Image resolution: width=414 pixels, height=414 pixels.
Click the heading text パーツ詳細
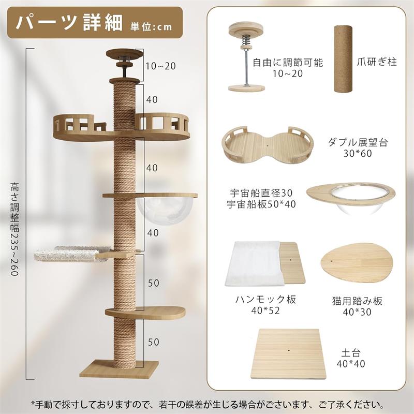coord(69,23)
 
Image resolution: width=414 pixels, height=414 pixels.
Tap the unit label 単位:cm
coord(151,27)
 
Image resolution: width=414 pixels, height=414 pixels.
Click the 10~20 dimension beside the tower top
coord(161,66)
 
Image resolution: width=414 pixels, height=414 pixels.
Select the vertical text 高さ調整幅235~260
coord(14,229)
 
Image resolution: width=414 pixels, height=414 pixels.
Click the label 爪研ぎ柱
coord(377,62)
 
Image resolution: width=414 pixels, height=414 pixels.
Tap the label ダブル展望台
coord(358,142)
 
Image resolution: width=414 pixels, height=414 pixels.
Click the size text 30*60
coord(358,153)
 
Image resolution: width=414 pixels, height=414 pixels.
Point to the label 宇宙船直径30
coord(261,193)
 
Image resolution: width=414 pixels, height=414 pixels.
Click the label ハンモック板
coord(265,300)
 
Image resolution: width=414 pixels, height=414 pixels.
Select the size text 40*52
coord(265,311)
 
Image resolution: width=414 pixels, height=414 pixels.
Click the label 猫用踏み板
coord(357,301)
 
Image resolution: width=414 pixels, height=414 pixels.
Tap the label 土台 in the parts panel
coord(351,353)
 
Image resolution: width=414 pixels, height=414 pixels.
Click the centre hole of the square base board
coord(289,351)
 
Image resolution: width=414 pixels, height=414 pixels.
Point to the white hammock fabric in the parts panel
coord(253,264)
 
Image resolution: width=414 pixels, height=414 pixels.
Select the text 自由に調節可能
coord(288,63)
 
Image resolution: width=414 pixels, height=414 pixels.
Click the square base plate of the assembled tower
coord(119,369)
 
